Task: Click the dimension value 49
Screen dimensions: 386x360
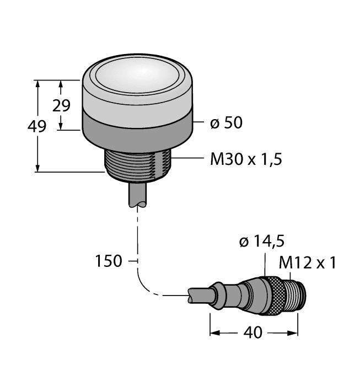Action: coord(37,127)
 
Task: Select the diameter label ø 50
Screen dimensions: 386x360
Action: coord(227,123)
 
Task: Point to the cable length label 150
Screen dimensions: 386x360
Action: coord(108,261)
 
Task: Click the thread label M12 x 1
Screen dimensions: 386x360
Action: coord(308,262)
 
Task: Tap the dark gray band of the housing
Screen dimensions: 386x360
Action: coord(137,130)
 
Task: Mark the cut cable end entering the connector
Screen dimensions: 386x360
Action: coord(198,296)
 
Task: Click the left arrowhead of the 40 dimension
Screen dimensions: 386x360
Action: coord(214,333)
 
